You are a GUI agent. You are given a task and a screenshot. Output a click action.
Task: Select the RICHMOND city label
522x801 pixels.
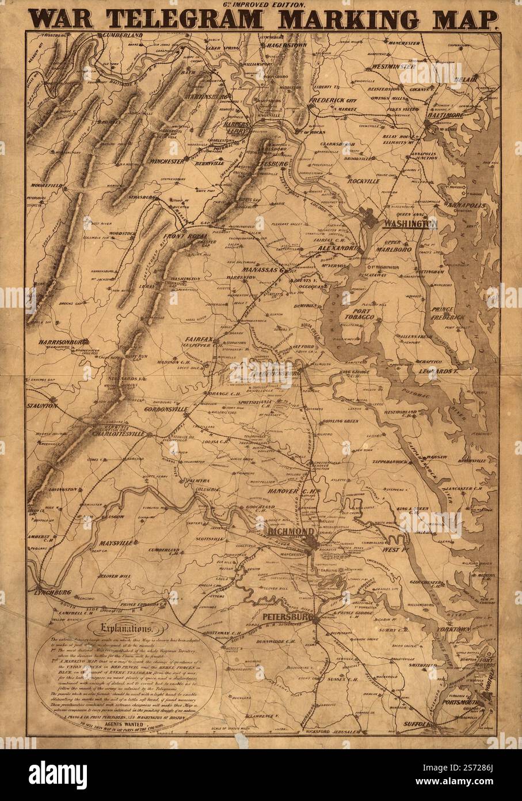(291, 531)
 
